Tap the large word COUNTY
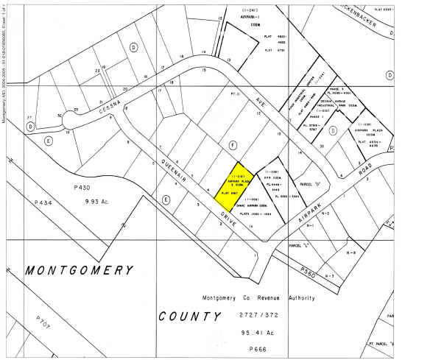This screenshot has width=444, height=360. pos(190,316)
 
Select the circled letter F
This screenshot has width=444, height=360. pos(233,145)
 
